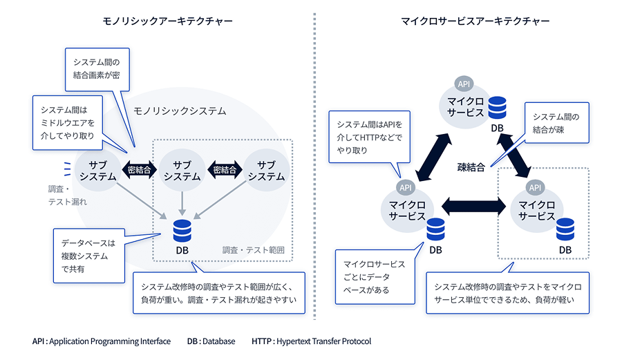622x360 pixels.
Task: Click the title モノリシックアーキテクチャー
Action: [x=163, y=21]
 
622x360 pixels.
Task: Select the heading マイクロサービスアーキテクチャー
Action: [x=475, y=21]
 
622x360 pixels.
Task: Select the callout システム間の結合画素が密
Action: [x=97, y=68]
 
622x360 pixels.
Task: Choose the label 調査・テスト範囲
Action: [x=253, y=250]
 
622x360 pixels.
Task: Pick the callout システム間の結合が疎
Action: [x=556, y=123]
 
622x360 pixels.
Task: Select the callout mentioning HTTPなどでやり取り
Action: [x=369, y=136]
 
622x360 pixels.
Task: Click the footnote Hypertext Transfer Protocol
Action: [x=311, y=341]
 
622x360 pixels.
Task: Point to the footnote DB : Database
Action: [x=211, y=341]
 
